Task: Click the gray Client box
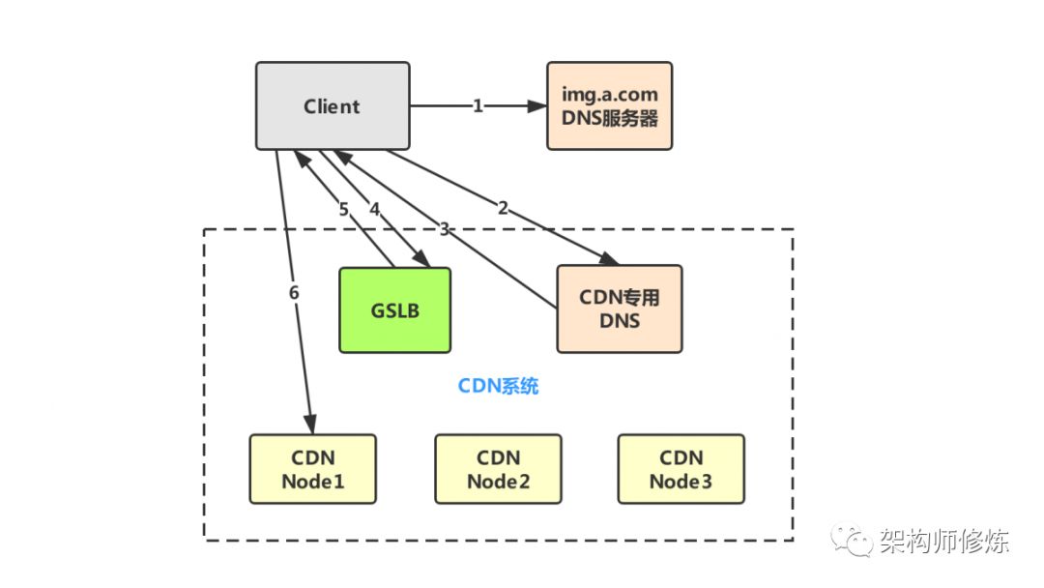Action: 332,106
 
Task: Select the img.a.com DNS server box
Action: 609,106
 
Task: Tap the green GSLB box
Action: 394,309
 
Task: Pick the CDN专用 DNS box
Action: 619,309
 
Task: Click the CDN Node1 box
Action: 312,469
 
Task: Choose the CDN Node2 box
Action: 498,469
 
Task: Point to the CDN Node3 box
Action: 681,469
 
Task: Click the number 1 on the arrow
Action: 478,106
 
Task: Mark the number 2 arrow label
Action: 503,207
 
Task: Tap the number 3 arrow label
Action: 444,229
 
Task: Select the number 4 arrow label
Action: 374,208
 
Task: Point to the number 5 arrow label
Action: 343,209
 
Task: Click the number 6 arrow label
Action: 293,291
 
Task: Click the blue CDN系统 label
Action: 498,387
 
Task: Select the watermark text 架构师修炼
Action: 943,542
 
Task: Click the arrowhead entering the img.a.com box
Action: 538,106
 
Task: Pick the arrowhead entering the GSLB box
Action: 422,259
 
